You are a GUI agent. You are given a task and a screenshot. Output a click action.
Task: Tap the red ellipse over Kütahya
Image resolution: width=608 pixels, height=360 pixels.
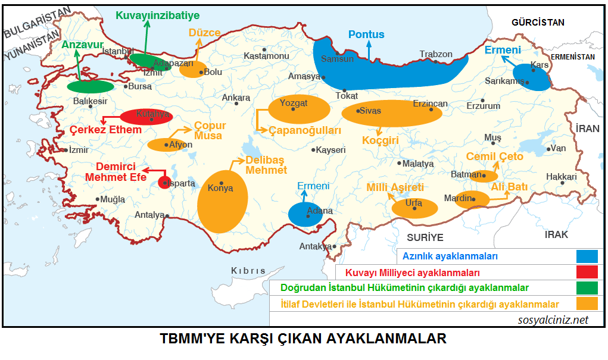pyautogui.click(x=146, y=116)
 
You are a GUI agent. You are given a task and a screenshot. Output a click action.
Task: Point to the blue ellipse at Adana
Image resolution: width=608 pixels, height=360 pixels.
pyautogui.click(x=305, y=213)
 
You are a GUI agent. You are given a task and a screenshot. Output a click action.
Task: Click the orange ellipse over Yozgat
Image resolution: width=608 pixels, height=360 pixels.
pyautogui.click(x=299, y=108)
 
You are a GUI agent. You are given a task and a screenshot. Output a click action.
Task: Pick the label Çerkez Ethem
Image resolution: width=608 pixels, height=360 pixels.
pyautogui.click(x=106, y=130)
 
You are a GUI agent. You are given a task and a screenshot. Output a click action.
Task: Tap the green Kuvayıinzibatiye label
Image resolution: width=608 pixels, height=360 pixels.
pyautogui.click(x=158, y=15)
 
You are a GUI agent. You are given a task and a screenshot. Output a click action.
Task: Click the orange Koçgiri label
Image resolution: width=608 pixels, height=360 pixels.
pyautogui.click(x=380, y=140)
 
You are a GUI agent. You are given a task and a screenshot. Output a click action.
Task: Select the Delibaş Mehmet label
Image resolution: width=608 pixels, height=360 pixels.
pyautogui.click(x=266, y=165)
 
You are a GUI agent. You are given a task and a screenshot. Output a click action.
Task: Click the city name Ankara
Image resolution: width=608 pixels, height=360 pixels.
pyautogui.click(x=235, y=98)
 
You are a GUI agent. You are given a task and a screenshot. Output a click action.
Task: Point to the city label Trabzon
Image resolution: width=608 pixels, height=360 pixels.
pyautogui.click(x=436, y=54)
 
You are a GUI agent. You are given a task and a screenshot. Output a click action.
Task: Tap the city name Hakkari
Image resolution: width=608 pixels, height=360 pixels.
pyautogui.click(x=561, y=177)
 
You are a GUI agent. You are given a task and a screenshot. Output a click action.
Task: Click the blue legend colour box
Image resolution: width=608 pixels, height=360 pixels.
pyautogui.click(x=587, y=256)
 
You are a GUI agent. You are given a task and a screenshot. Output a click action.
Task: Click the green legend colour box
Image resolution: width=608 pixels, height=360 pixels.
pyautogui.click(x=587, y=288)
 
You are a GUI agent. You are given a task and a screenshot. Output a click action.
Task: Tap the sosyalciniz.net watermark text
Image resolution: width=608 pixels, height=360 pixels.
pyautogui.click(x=553, y=320)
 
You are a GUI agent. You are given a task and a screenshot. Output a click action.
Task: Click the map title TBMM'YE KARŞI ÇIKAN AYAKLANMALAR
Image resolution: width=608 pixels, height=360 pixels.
pyautogui.click(x=304, y=339)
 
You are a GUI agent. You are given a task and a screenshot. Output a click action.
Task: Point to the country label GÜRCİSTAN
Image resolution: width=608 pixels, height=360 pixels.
pyautogui.click(x=537, y=22)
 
